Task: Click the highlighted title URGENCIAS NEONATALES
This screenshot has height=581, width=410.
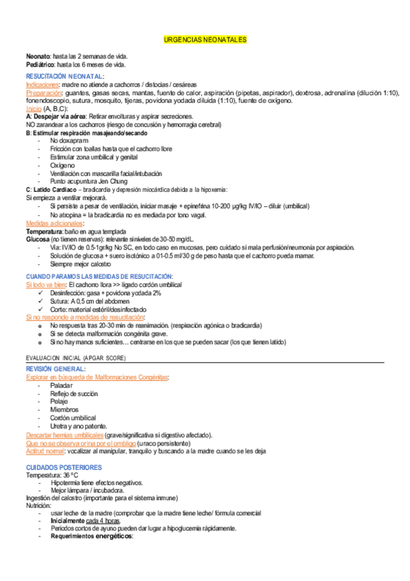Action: click(205, 40)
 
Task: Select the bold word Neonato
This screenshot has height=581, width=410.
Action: click(37, 56)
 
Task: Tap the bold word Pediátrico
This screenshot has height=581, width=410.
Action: click(40, 64)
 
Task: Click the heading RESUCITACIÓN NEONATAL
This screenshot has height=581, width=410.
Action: click(65, 75)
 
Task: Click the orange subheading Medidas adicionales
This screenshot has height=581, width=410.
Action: click(54, 223)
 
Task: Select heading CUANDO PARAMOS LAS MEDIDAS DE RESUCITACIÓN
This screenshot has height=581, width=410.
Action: click(100, 276)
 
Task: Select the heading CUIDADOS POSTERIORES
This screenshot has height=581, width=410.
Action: click(63, 467)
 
